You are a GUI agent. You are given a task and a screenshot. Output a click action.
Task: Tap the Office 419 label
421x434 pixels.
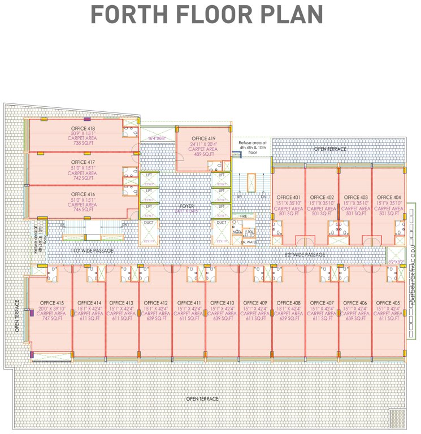pos(203,138)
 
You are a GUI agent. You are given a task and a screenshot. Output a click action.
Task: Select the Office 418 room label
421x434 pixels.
pos(83,128)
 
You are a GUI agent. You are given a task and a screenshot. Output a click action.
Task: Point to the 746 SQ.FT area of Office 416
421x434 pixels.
pos(83,210)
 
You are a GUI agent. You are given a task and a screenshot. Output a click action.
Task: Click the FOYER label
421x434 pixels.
pos(187,206)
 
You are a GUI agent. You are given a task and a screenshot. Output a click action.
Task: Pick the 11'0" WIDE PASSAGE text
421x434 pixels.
pos(92,250)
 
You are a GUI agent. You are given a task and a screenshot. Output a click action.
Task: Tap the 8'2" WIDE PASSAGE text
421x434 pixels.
pos(305,255)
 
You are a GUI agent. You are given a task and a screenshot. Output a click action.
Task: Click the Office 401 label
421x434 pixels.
pos(288,197)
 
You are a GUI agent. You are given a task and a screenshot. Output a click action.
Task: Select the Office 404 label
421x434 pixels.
pos(389,197)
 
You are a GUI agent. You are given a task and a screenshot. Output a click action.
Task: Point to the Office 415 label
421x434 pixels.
pos(51,303)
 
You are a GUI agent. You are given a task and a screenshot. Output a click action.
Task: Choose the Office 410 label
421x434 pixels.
pos(222,303)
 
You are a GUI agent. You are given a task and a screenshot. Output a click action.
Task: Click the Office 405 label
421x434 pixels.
pos(389,303)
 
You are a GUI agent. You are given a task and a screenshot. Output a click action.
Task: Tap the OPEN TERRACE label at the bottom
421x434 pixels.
pos(202,399)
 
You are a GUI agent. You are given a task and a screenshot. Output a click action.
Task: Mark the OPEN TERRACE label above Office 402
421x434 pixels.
pos(331,149)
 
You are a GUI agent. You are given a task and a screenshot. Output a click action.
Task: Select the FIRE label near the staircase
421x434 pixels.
pos(244,216)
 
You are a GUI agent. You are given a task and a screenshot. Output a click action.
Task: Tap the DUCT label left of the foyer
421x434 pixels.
pos(149,223)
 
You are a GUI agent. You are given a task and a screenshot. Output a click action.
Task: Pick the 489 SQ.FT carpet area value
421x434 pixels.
pos(203,154)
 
